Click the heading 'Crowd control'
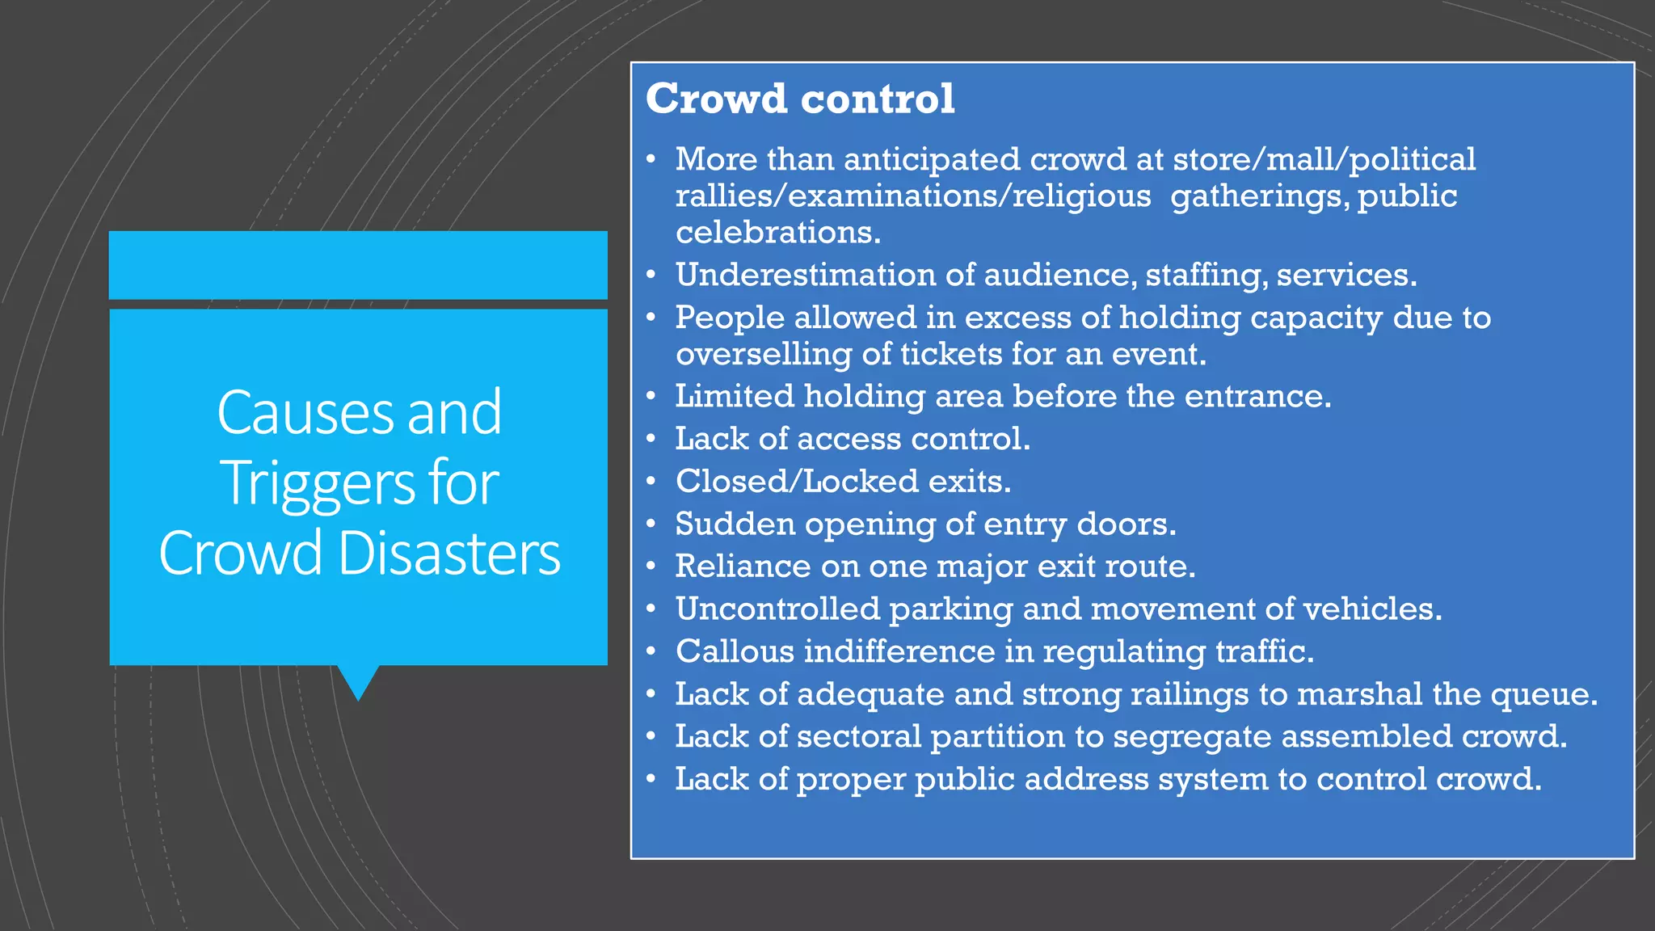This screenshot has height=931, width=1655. [x=800, y=99]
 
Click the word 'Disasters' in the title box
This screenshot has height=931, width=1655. [x=449, y=554]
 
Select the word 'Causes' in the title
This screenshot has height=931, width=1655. [x=305, y=412]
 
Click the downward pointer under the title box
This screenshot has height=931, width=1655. [x=358, y=681]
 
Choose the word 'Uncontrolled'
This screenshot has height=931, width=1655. [x=777, y=609]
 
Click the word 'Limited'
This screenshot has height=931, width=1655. [x=735, y=397]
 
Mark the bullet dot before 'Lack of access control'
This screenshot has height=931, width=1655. [x=651, y=439]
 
